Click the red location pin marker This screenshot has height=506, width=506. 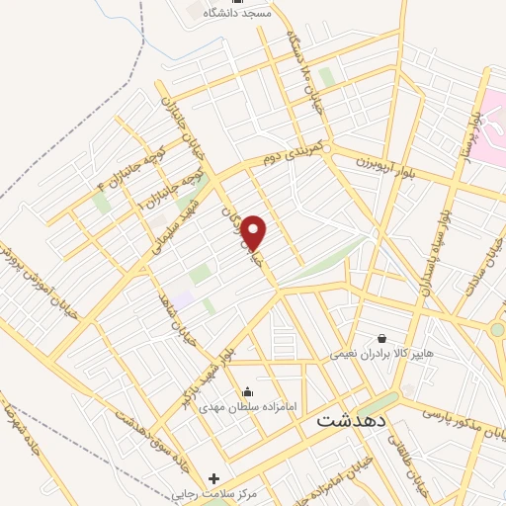pos(255,233)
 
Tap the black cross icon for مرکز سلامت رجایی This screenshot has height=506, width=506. pos(214,478)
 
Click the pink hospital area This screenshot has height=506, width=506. pos(493,114)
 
